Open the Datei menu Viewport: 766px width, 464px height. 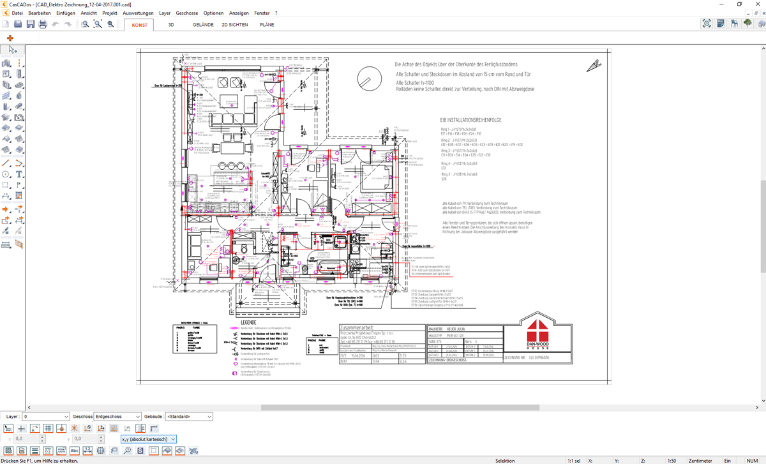point(17,13)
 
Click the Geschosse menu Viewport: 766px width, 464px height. point(187,13)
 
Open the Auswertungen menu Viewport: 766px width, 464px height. point(138,13)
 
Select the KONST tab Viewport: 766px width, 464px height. point(139,25)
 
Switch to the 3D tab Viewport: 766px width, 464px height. point(171,25)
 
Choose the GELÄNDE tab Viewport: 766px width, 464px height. point(203,25)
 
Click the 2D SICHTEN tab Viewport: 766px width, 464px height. point(234,25)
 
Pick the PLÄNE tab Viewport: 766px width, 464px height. point(267,25)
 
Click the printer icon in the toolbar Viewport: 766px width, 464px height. point(43,24)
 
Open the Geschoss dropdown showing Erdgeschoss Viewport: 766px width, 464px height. point(117,417)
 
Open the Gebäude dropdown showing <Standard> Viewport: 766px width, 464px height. point(189,417)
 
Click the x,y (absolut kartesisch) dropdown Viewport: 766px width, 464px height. point(148,439)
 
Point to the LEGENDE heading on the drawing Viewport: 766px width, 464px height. point(248,323)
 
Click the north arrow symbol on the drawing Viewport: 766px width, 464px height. point(594,64)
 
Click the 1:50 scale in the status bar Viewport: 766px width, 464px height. point(672,460)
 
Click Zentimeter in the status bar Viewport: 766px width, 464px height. point(700,460)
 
